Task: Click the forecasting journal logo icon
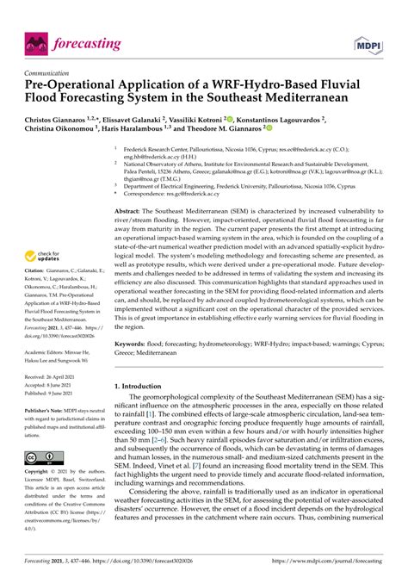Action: tap(35, 42)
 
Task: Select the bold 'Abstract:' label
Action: tap(131, 210)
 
